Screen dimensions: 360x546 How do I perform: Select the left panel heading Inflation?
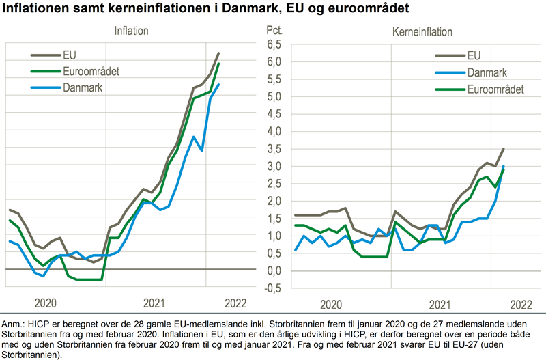131,31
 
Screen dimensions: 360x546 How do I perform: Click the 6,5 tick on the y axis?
274,44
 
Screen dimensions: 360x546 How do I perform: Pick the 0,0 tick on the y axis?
274,271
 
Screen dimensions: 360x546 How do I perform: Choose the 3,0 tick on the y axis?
274,166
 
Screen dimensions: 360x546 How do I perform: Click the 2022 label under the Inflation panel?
235,303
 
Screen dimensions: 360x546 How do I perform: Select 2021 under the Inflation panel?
155,303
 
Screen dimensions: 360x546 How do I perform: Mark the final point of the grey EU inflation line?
218,53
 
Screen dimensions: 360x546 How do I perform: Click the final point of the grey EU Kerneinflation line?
504,149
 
